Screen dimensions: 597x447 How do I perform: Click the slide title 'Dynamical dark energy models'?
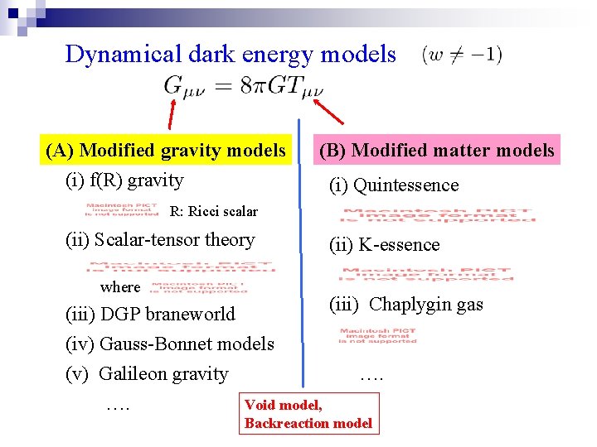pos(231,55)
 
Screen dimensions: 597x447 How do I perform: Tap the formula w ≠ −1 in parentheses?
pos(462,55)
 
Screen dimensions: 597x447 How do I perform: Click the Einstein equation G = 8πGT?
pos(244,85)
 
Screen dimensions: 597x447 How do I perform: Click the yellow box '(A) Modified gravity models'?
pos(165,150)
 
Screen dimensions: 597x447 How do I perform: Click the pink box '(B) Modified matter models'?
pos(436,150)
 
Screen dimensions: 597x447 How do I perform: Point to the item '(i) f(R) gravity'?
pos(124,180)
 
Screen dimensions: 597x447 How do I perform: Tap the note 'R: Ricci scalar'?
pos(213,211)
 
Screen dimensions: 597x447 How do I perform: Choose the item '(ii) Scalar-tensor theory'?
pos(159,240)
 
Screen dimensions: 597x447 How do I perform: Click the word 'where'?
pos(120,287)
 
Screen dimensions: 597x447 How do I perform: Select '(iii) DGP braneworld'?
pos(150,315)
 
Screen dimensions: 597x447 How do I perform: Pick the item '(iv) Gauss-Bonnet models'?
pos(169,344)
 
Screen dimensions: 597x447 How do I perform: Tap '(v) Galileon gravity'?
pos(147,373)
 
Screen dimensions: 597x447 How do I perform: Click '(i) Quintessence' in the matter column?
pos(393,185)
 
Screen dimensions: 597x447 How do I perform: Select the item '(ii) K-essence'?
pos(384,245)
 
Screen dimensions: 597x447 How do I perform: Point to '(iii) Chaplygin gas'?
pos(405,305)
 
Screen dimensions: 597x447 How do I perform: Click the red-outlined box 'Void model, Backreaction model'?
pos(308,414)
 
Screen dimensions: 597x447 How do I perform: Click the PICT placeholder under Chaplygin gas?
pos(377,336)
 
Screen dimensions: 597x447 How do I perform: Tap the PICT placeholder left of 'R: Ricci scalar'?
pos(122,210)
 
